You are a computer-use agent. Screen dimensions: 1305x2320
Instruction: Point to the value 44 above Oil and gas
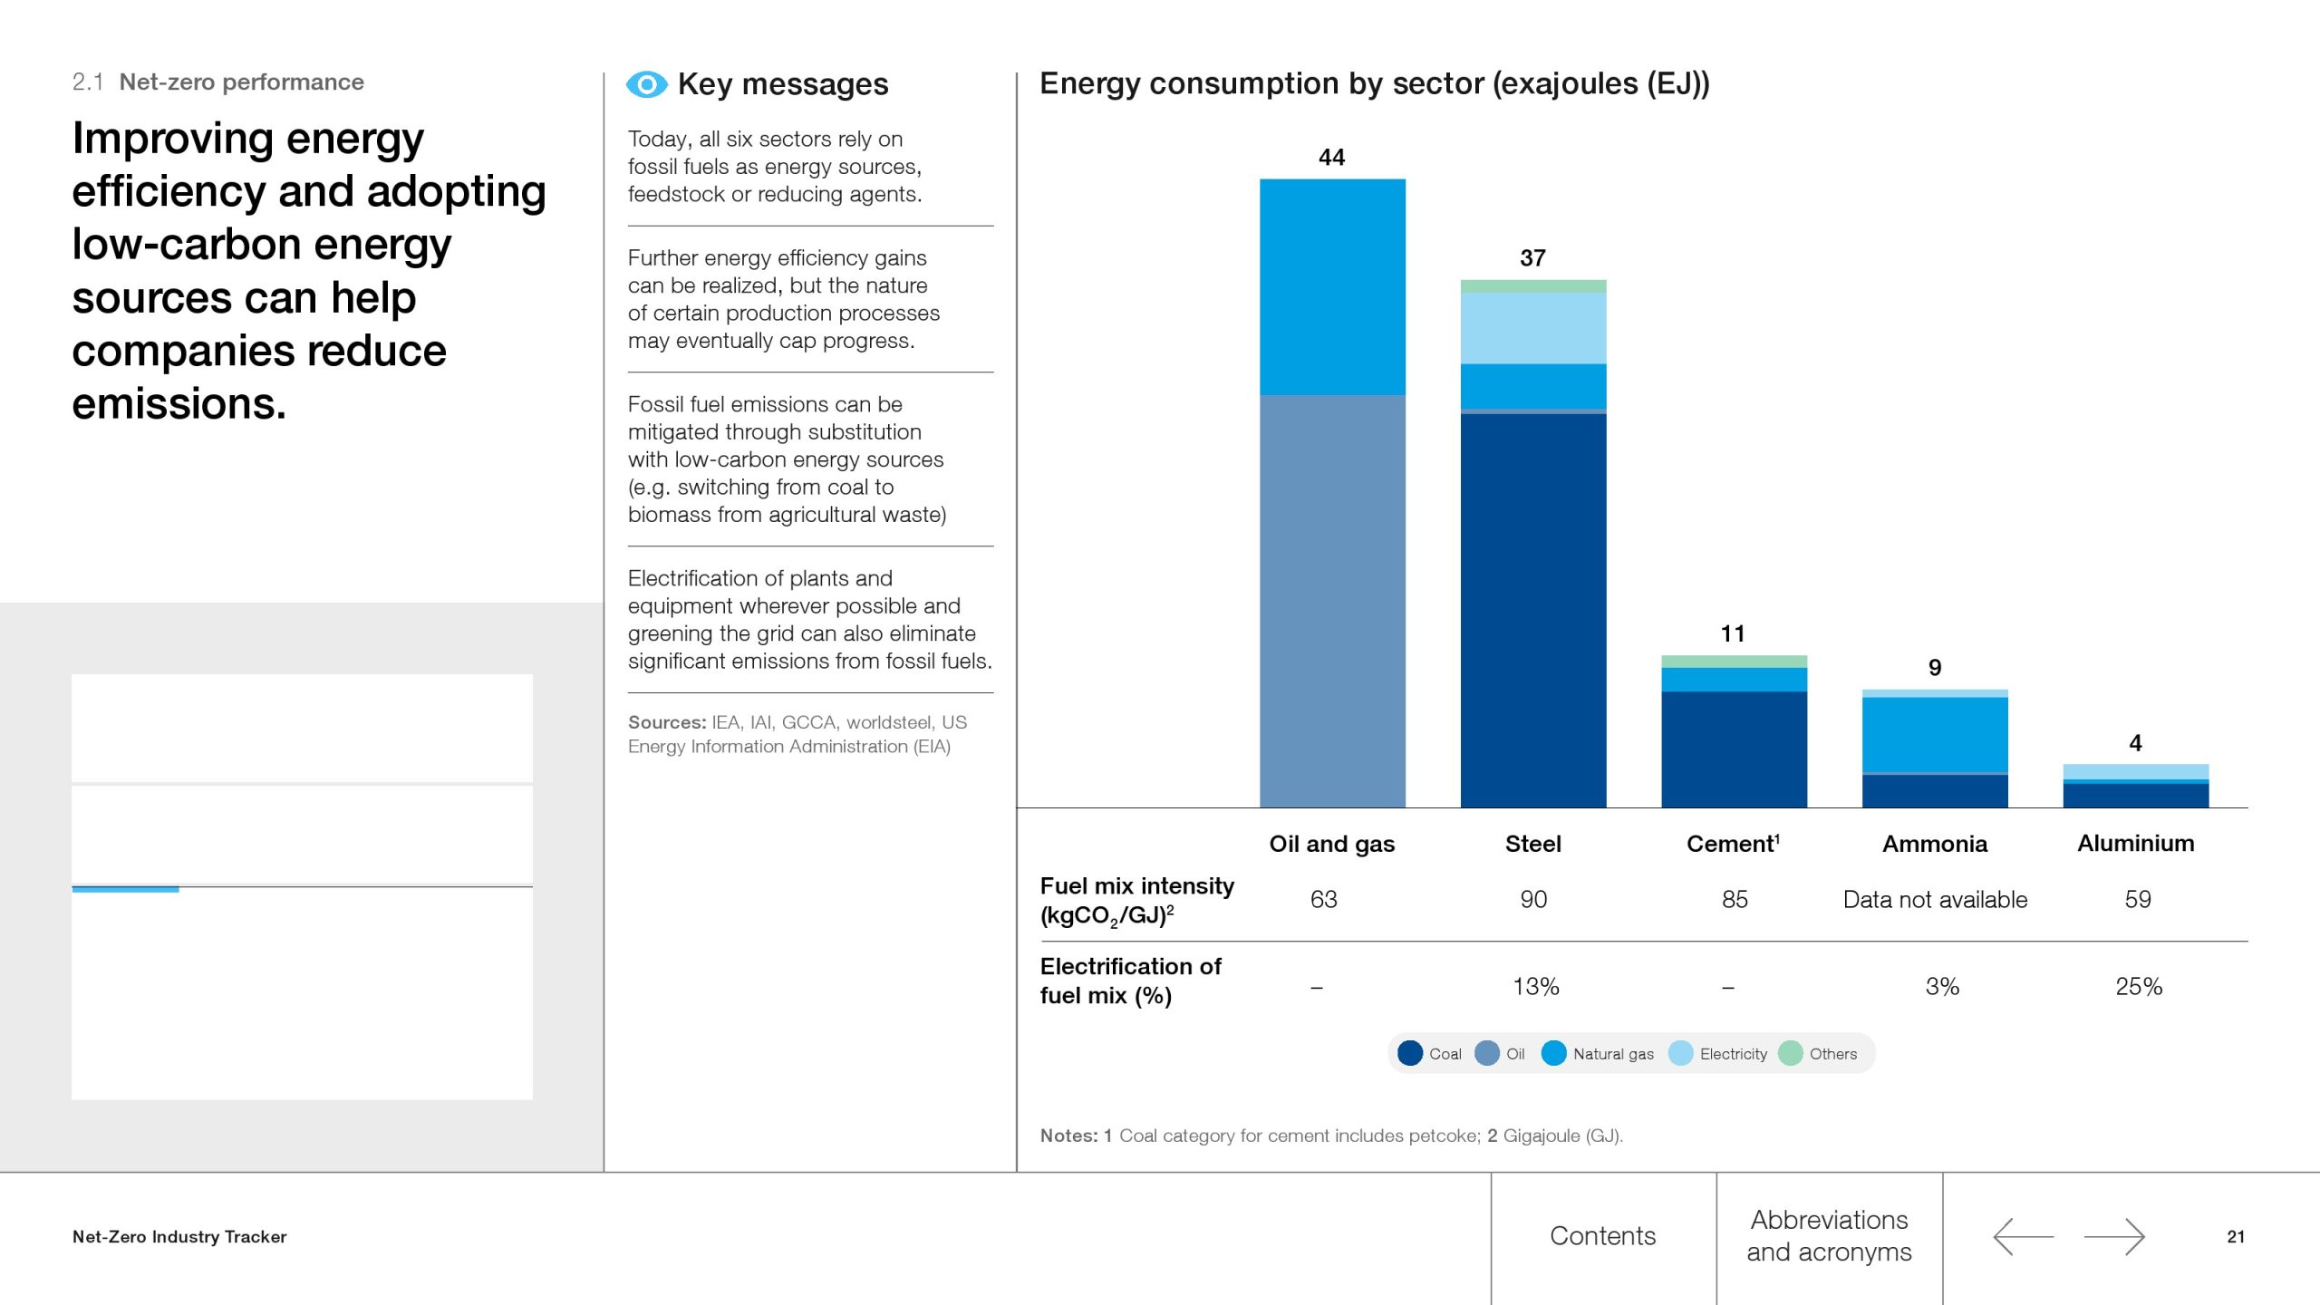point(1331,158)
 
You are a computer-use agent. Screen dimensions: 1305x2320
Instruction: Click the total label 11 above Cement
point(1733,633)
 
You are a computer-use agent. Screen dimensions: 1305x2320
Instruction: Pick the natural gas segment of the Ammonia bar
point(1935,734)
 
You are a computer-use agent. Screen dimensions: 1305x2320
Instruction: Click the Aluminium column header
point(2135,844)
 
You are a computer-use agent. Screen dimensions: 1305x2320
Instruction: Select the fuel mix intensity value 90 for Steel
point(1533,900)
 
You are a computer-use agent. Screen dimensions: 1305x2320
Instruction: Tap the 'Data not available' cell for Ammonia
point(1935,900)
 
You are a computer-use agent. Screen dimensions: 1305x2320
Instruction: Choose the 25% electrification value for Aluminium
point(2139,986)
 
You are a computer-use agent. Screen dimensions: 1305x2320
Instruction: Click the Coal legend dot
point(1410,1053)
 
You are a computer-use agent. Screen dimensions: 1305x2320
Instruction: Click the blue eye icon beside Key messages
point(646,84)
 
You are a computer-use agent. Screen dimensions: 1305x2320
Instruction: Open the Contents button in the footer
point(1602,1236)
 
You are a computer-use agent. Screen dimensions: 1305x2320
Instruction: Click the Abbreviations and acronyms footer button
point(1829,1236)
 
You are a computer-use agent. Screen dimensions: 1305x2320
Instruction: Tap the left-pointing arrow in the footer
point(2023,1237)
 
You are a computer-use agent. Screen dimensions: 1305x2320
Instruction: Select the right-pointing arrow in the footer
point(2114,1237)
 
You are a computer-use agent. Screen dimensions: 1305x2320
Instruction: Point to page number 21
point(2236,1237)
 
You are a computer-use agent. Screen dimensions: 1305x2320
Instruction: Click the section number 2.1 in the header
point(87,82)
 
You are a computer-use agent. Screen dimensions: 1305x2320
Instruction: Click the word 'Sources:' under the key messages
point(666,722)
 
